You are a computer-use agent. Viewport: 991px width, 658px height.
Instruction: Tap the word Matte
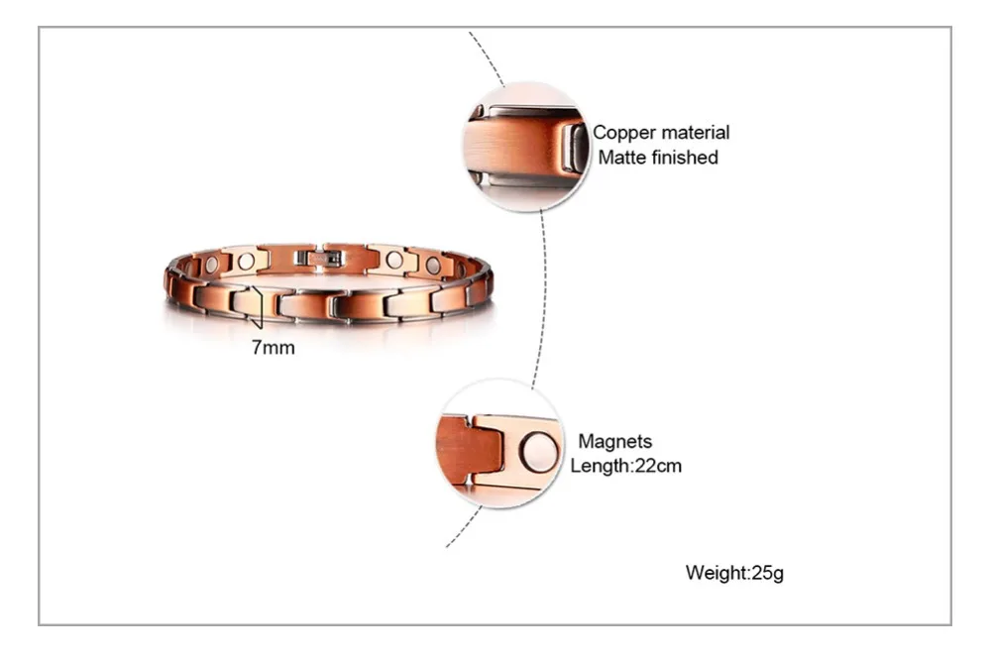621,158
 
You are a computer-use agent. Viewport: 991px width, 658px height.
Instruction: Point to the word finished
685,158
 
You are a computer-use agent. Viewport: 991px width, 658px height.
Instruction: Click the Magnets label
614,442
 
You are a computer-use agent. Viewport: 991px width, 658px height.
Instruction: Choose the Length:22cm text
625,466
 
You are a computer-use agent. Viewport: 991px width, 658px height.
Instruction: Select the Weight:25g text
734,573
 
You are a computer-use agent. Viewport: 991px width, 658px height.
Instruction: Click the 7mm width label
274,348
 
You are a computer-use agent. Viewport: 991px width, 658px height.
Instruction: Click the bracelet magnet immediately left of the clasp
246,261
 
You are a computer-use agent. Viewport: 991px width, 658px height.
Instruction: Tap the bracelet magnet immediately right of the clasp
394,261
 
